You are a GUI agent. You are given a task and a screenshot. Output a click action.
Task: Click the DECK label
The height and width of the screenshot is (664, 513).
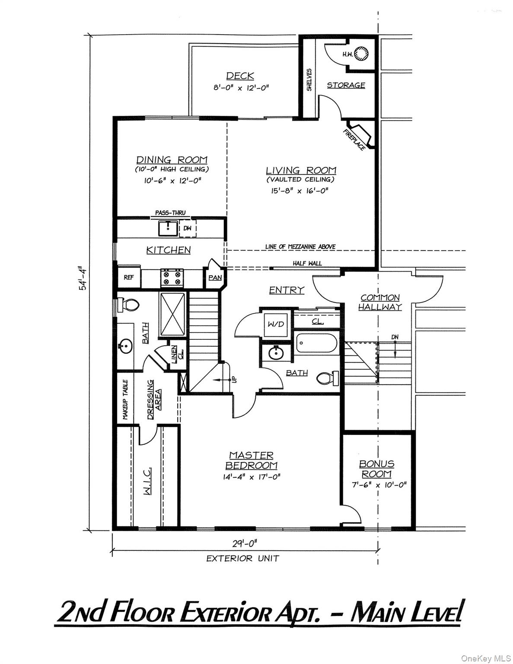click(240, 76)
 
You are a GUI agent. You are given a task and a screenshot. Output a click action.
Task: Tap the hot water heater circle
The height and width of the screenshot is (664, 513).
click(361, 54)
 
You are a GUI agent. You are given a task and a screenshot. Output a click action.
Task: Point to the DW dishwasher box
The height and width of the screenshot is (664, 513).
click(188, 228)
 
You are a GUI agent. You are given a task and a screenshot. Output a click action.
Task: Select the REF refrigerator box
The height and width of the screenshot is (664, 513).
click(128, 277)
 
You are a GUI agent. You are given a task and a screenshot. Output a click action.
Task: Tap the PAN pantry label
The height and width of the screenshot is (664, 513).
click(215, 278)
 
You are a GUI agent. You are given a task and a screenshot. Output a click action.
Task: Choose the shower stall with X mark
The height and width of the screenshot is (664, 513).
click(173, 313)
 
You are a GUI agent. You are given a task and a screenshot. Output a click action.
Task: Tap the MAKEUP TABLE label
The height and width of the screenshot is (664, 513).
click(125, 400)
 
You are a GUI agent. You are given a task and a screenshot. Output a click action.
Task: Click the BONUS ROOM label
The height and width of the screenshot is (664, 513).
click(377, 469)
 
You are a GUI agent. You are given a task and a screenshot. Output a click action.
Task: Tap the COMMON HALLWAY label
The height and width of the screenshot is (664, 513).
click(380, 302)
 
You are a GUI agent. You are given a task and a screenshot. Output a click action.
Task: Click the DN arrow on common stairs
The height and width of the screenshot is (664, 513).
click(395, 346)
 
